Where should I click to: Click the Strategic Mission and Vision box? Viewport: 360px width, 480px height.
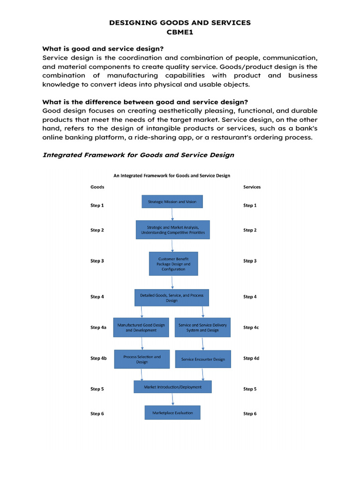tap(172, 202)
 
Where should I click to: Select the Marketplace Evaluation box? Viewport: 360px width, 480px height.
tap(172, 412)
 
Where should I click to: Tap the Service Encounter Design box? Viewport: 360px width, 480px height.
tap(203, 359)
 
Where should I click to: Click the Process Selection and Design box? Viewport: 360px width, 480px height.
tap(142, 359)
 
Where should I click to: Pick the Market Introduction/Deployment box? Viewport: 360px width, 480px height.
tap(172, 387)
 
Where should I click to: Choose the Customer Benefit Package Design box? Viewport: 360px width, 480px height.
tap(173, 264)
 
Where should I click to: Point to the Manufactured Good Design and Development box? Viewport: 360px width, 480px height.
tap(141, 327)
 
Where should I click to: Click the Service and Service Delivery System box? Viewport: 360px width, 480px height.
tap(202, 327)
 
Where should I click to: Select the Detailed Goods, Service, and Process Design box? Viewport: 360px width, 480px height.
tap(172, 298)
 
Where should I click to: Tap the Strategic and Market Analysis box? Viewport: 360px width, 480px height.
tap(172, 230)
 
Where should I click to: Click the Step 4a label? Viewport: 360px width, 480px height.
tap(98, 328)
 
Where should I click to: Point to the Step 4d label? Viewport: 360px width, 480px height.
tap(251, 358)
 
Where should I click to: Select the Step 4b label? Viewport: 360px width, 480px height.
tap(98, 358)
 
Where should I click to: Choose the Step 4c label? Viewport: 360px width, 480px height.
tap(251, 328)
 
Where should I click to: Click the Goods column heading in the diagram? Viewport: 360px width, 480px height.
tap(97, 187)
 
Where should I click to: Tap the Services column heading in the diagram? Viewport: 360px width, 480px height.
tap(252, 187)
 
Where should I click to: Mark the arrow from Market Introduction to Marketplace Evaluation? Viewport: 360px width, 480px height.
tap(173, 399)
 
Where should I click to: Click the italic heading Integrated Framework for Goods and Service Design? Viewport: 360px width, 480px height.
tap(138, 155)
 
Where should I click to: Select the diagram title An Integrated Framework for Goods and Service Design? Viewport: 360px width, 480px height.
tap(172, 176)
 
